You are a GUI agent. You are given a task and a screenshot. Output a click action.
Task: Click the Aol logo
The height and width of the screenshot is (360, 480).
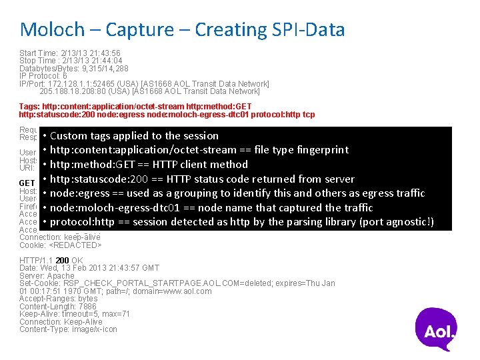click(x=437, y=329)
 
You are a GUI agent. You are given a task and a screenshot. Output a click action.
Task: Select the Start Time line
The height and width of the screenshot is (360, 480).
click(x=69, y=53)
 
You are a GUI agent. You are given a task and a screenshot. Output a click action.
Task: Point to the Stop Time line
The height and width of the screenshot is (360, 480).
click(x=71, y=61)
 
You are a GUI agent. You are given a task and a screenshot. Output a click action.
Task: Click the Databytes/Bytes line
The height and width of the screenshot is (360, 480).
click(x=74, y=69)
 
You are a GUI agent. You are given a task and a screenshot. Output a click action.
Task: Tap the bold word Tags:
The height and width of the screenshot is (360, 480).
click(x=30, y=107)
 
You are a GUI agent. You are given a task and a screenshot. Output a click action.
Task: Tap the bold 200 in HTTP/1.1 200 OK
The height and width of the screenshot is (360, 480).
click(x=62, y=260)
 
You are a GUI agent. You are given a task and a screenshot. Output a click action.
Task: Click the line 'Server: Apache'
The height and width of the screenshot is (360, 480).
click(x=47, y=275)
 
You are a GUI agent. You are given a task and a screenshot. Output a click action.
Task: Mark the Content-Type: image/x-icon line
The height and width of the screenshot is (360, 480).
click(x=68, y=329)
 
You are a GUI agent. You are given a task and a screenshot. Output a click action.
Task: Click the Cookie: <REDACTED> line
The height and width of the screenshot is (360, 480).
click(x=60, y=245)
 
